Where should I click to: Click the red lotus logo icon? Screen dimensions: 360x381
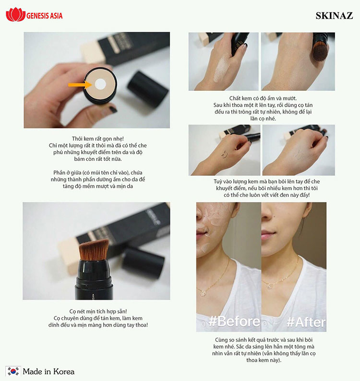click(x=16, y=14)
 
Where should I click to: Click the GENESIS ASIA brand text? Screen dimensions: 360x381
click(x=45, y=16)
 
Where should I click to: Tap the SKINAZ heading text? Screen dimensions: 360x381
click(x=334, y=16)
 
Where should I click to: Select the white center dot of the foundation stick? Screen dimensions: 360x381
click(x=100, y=84)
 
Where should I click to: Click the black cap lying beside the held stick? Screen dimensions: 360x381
click(x=148, y=89)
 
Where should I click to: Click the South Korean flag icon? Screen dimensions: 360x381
click(x=13, y=371)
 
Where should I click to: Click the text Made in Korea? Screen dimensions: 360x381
click(x=48, y=371)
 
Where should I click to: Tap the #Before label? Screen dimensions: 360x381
click(x=234, y=321)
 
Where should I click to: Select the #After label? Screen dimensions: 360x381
click(x=306, y=322)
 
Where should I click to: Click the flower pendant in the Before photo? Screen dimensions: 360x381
click(x=203, y=293)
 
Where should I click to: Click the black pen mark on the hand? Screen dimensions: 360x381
click(x=224, y=155)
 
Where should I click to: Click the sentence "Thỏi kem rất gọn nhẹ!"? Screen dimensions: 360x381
click(x=98, y=138)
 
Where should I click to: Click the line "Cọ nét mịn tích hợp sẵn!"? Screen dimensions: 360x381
click(x=98, y=311)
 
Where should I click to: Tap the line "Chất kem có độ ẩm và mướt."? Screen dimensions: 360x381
click(x=263, y=98)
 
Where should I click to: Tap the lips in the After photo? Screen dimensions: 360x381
click(x=268, y=235)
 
